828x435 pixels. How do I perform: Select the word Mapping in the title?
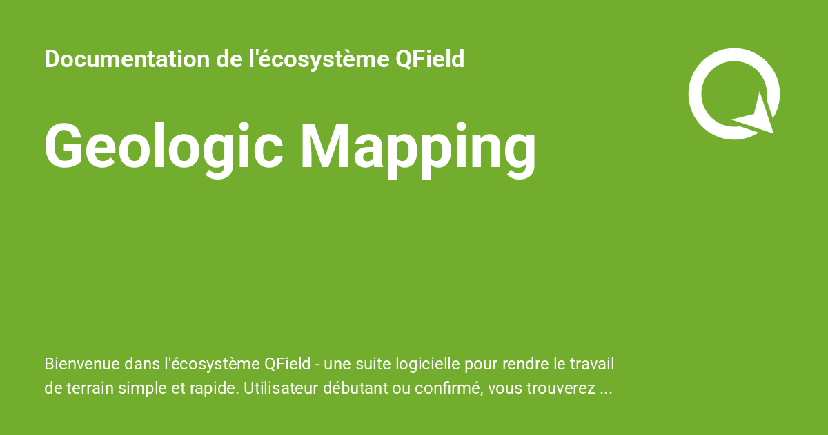pyautogui.click(x=418, y=146)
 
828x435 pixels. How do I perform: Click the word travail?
pyautogui.click(x=591, y=364)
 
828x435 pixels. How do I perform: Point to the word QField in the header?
pyautogui.click(x=430, y=59)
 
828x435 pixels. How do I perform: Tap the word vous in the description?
pyautogui.click(x=503, y=389)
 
